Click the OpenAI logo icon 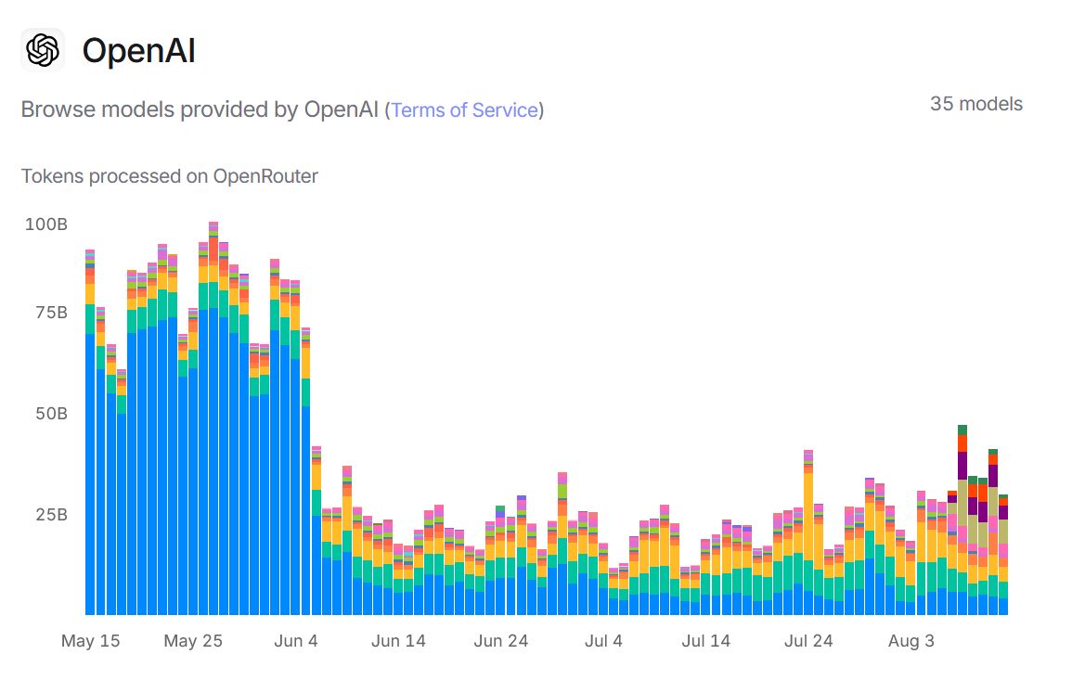click(43, 50)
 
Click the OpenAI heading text click(138, 51)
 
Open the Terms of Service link click(464, 110)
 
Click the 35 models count click(975, 104)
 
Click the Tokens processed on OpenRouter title click(170, 176)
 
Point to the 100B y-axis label click(45, 225)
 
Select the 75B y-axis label click(49, 313)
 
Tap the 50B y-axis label click(49, 414)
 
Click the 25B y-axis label click(49, 515)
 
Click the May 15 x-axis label click(90, 641)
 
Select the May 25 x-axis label click(193, 641)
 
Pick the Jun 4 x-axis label click(296, 641)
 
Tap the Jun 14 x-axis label click(398, 641)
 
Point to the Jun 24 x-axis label click(501, 641)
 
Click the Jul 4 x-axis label click(604, 641)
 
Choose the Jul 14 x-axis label click(705, 641)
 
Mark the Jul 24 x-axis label click(808, 641)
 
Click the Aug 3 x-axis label click(911, 641)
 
